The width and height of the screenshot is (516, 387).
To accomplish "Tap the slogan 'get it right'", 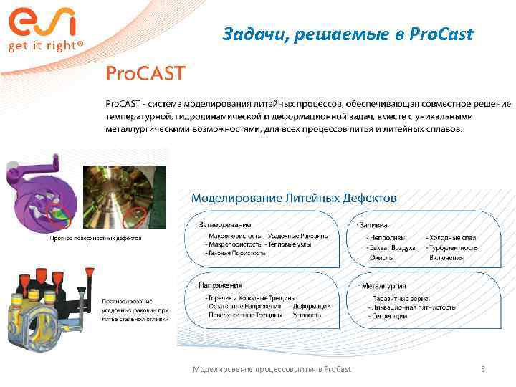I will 45,45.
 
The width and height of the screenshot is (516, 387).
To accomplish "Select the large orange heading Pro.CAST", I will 146,74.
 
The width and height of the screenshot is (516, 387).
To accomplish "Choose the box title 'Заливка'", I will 378,224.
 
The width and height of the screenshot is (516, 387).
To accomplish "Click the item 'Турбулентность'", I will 453,247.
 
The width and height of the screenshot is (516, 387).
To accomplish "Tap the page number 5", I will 483,369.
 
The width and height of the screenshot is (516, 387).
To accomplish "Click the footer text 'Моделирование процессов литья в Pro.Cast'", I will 272,369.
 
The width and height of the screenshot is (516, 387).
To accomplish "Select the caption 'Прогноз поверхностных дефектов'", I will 95,238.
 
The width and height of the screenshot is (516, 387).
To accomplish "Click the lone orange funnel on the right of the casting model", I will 90,276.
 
